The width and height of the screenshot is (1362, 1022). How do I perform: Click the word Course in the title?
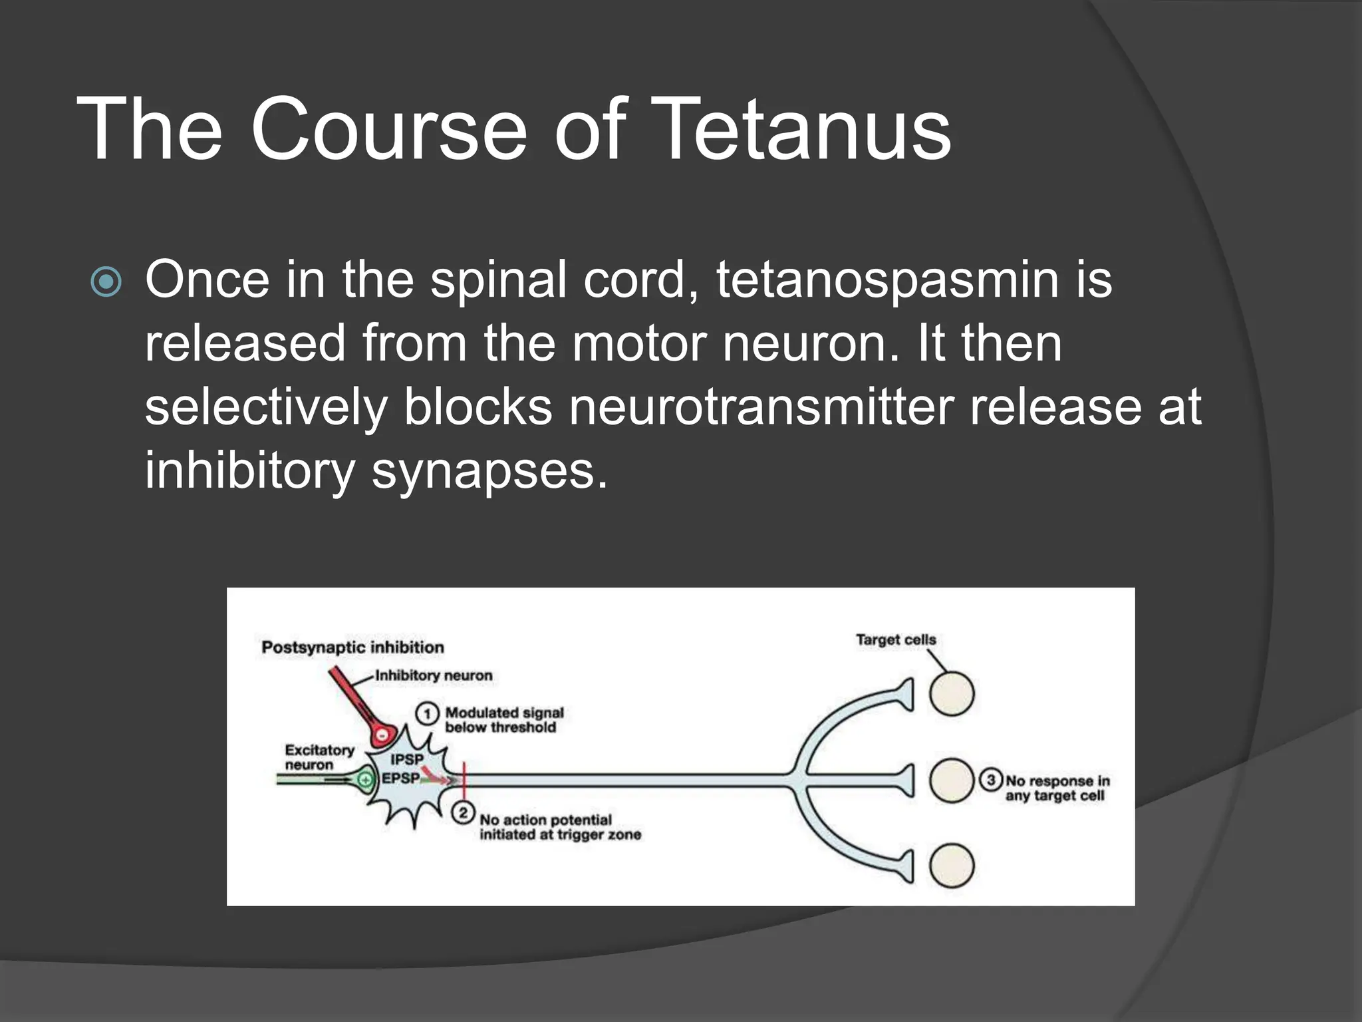[388, 128]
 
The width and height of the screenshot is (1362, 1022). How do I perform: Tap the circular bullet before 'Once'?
[106, 282]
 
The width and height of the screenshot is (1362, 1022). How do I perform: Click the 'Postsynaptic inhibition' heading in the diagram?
[352, 647]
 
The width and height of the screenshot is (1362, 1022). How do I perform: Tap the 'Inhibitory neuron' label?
[434, 675]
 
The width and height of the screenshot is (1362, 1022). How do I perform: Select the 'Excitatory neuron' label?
[319, 757]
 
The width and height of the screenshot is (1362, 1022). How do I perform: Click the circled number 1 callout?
[427, 714]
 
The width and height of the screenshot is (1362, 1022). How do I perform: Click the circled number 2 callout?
[463, 813]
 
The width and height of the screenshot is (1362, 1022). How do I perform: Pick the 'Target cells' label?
[896, 639]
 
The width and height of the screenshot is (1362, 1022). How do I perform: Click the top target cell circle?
[952, 694]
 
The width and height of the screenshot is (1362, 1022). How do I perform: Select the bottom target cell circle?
[952, 866]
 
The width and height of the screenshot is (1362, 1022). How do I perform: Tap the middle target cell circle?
[952, 780]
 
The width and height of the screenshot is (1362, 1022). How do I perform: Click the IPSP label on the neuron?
[406, 759]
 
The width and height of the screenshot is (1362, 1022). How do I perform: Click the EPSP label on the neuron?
[400, 778]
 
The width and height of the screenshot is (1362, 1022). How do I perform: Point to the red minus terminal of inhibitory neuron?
[382, 736]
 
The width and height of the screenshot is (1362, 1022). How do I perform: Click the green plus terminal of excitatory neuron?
[364, 780]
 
